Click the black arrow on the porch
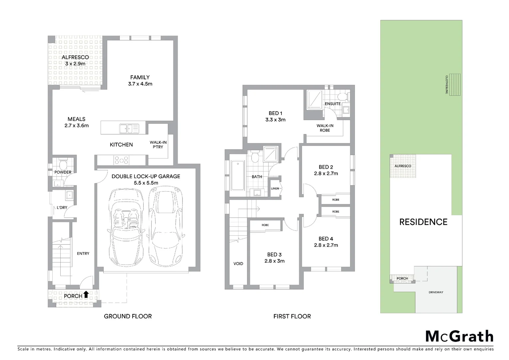tap(86, 294)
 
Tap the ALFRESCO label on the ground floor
tap(75, 57)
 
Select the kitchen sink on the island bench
tap(129, 128)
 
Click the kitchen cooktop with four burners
tap(121, 160)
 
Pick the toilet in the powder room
tap(62, 164)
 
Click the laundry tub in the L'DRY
tap(70, 195)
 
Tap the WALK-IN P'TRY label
tap(158, 145)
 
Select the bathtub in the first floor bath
tap(237, 175)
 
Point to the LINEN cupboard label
tap(275, 189)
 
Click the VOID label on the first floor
tap(238, 264)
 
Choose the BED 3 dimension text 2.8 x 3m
tap(274, 261)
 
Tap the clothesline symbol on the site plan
tap(455, 84)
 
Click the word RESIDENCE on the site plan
tap(423, 222)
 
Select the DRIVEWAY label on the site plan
tap(436, 292)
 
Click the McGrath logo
tap(459, 336)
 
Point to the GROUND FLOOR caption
tap(128, 316)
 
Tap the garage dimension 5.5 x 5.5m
tap(146, 183)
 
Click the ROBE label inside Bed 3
tap(265, 225)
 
